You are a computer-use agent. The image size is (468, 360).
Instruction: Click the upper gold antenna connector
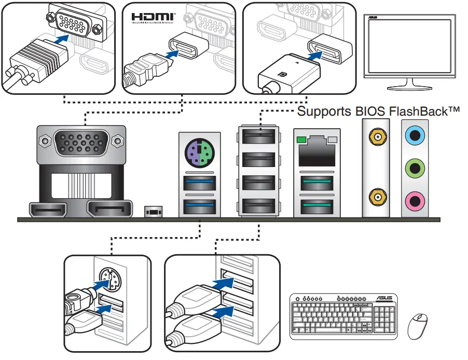376,137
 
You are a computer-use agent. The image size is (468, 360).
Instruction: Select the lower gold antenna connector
376,196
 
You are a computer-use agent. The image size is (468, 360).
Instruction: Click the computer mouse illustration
419,325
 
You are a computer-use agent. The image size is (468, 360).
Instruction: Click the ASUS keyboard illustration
343,316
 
